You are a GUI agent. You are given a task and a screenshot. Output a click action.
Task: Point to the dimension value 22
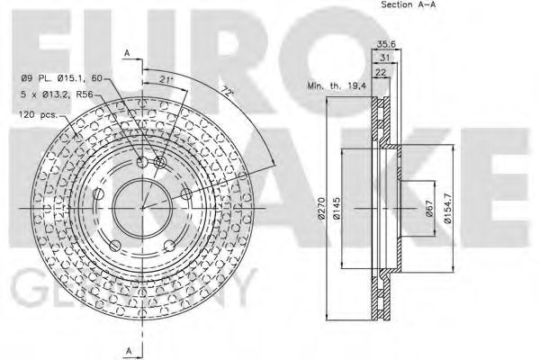[x=380, y=74]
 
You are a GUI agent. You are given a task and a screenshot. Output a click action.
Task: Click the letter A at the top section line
[x=128, y=53]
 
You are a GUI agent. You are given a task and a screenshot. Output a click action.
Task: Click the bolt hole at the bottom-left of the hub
[x=114, y=245]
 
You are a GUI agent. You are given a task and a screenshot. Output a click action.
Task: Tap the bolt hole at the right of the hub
[x=185, y=193]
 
